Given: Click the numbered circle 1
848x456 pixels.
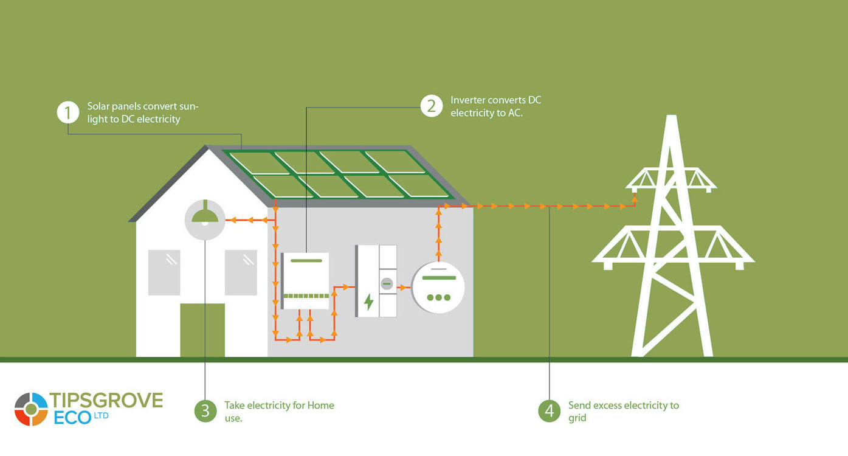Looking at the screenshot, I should pyautogui.click(x=69, y=112).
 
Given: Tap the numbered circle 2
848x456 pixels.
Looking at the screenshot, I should pyautogui.click(x=432, y=106).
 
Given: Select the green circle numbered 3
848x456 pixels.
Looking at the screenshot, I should pyautogui.click(x=205, y=410).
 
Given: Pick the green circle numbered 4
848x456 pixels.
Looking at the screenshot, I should pyautogui.click(x=550, y=410).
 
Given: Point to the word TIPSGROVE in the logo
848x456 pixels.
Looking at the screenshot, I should pyautogui.click(x=106, y=400).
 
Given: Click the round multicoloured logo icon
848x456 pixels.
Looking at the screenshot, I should pyautogui.click(x=31, y=409).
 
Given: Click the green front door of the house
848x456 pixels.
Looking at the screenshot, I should pyautogui.click(x=202, y=330).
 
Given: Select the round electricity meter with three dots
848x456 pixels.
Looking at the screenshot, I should pyautogui.click(x=438, y=288).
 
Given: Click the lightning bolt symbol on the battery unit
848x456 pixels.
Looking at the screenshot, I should pyautogui.click(x=368, y=302).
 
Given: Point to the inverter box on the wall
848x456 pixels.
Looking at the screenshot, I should pyautogui.click(x=306, y=280).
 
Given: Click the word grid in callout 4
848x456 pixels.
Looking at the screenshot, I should pyautogui.click(x=577, y=418).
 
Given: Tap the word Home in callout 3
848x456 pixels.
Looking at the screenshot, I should pyautogui.click(x=320, y=405).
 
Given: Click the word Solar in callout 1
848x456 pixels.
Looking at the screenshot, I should pyautogui.click(x=99, y=106).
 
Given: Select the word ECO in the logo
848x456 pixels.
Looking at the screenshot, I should pyautogui.click(x=72, y=418).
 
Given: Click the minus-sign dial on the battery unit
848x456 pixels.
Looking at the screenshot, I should pyautogui.click(x=387, y=283).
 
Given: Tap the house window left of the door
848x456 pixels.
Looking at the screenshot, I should pyautogui.click(x=164, y=272).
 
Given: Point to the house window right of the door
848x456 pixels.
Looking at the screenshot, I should pyautogui.click(x=241, y=272).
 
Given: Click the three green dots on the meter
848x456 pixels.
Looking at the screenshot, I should pyautogui.click(x=438, y=297).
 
